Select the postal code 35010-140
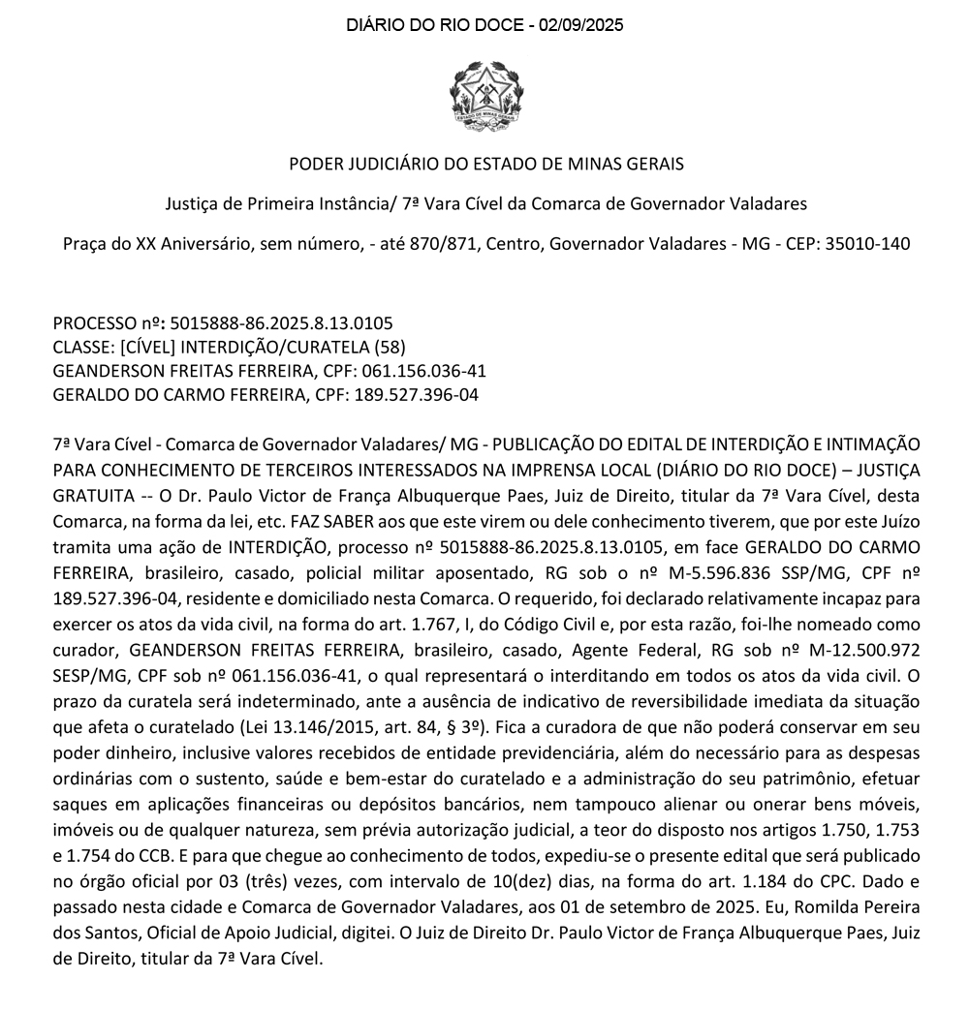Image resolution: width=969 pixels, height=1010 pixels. [x=867, y=243]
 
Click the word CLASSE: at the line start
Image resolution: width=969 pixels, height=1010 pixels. [x=80, y=347]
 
